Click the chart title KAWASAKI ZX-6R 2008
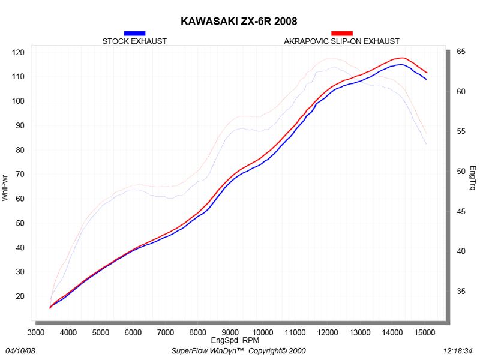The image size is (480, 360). click(x=239, y=22)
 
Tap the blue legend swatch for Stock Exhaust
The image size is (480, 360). click(x=134, y=33)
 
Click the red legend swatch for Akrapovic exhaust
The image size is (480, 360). click(x=342, y=33)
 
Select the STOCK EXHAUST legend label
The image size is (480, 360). click(x=134, y=41)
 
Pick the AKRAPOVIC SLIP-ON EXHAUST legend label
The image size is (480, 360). click(x=341, y=41)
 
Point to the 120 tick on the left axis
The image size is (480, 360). click(x=18, y=52)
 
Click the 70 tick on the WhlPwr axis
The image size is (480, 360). click(x=18, y=175)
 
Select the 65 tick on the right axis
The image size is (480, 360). click(x=461, y=52)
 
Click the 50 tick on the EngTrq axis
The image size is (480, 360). click(x=461, y=172)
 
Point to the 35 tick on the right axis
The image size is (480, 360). click(x=461, y=292)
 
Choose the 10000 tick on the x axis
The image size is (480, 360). click(x=262, y=332)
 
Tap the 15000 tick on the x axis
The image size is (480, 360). click(x=424, y=332)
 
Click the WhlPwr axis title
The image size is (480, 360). click(x=5, y=187)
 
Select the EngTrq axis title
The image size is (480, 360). click(x=473, y=178)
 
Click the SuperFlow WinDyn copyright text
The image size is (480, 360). click(x=239, y=350)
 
